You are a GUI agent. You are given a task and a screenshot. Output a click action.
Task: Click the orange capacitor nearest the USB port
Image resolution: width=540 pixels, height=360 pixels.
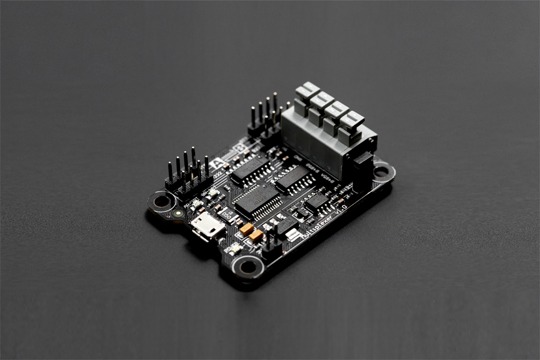[x=247, y=229]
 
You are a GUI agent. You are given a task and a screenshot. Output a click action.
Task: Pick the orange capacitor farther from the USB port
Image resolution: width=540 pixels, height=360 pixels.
[x=256, y=235]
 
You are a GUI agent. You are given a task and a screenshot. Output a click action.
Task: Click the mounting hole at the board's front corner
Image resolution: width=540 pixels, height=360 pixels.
[x=247, y=266]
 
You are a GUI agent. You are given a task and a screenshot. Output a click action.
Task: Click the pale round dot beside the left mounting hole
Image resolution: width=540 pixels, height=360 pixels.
[x=177, y=213]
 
